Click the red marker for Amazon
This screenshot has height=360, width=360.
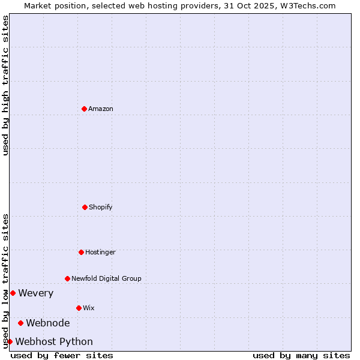(84, 109)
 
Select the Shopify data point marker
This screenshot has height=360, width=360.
(85, 207)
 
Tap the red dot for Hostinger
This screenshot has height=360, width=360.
(81, 252)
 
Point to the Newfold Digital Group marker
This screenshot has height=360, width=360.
(67, 278)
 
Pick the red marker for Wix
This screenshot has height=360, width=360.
(79, 308)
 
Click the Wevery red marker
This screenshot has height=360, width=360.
(13, 293)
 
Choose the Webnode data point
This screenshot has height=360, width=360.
(20, 323)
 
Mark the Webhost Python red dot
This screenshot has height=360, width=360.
(10, 341)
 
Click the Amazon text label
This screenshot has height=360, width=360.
(101, 109)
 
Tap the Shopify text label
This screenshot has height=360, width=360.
(101, 207)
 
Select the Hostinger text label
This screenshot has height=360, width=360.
(100, 252)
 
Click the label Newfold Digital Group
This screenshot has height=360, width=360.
(106, 278)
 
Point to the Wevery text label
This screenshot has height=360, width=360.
(36, 293)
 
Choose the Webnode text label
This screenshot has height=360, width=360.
(48, 323)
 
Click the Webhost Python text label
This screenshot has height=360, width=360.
(54, 341)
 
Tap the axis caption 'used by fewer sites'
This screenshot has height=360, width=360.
(62, 355)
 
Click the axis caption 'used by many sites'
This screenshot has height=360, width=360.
(301, 355)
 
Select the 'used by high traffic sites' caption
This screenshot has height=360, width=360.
(5, 85)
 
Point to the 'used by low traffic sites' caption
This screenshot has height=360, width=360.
(5, 281)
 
